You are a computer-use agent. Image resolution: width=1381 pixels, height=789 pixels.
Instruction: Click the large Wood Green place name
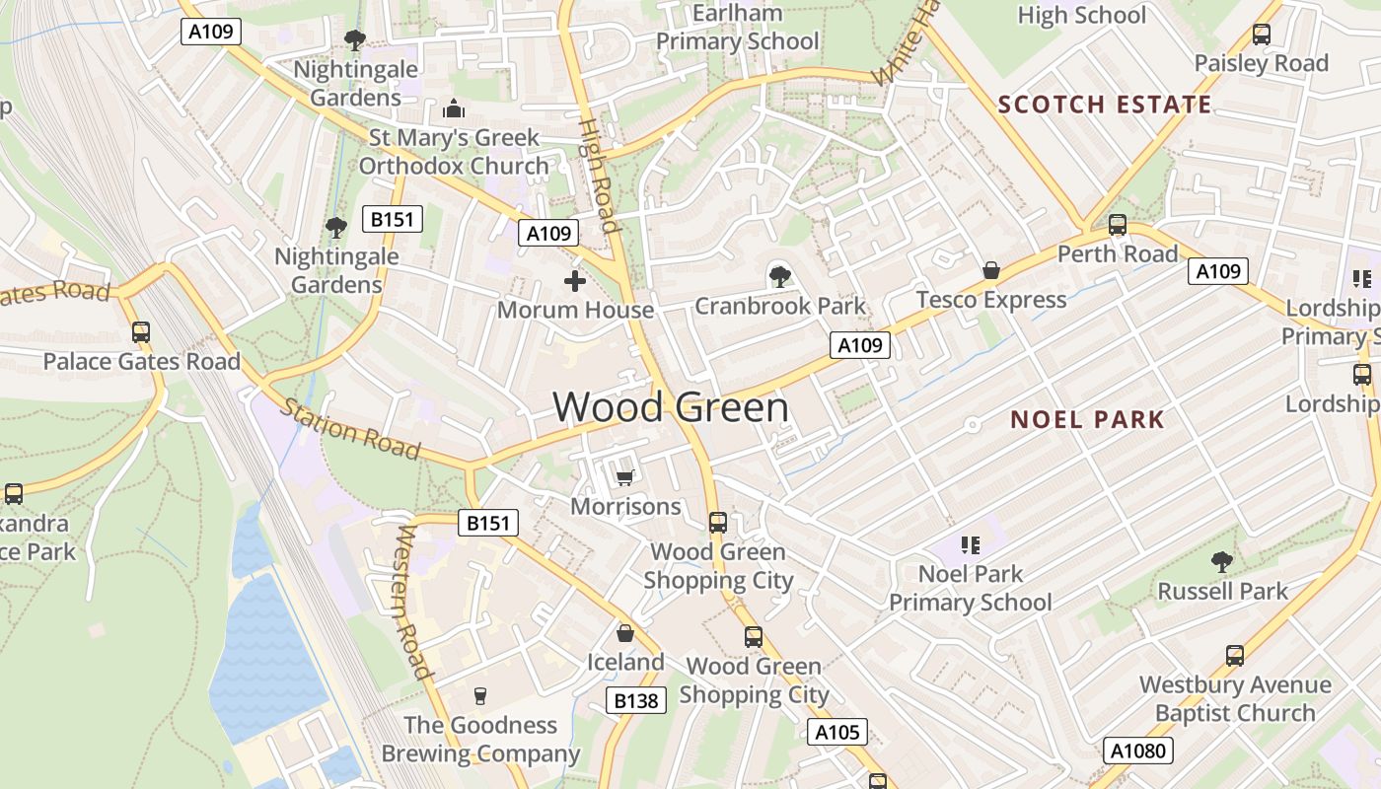click(x=671, y=407)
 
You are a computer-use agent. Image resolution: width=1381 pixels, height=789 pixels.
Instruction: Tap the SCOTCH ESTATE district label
click(x=1105, y=105)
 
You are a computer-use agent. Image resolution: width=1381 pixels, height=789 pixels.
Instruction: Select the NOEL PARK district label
click(x=1087, y=419)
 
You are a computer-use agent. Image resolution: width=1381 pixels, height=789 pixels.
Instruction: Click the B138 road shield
click(x=636, y=701)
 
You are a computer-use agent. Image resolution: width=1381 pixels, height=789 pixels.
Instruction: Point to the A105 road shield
click(x=838, y=732)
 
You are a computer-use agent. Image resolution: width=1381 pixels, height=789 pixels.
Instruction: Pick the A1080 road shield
click(x=1137, y=751)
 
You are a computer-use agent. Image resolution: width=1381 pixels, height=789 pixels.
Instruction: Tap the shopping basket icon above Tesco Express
click(x=991, y=270)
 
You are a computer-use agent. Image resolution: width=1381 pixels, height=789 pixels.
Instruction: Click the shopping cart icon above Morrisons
click(x=624, y=478)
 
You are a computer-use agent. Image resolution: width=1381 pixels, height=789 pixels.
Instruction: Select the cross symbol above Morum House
click(x=575, y=282)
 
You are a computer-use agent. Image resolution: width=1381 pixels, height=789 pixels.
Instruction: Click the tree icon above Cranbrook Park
click(x=779, y=277)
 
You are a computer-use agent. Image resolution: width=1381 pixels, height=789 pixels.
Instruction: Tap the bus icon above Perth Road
click(x=1118, y=225)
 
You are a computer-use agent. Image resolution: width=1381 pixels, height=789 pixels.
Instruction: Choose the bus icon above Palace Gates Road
click(x=141, y=332)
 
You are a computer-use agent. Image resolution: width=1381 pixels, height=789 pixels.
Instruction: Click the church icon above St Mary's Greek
click(x=454, y=108)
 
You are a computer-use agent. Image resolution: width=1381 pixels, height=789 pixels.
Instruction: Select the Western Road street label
click(x=414, y=602)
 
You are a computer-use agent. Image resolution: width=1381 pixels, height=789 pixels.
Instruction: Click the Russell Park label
click(x=1222, y=591)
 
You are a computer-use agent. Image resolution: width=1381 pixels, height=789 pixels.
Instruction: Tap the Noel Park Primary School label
click(x=971, y=588)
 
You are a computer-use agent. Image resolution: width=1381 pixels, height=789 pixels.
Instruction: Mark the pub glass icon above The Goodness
click(x=480, y=695)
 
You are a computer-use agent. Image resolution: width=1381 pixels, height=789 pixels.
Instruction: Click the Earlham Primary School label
click(x=737, y=28)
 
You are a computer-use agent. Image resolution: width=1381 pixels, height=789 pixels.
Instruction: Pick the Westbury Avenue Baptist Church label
click(x=1235, y=698)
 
